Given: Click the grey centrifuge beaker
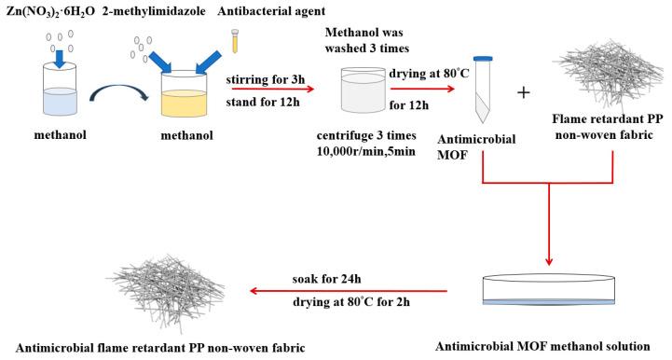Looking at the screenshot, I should pyautogui.click(x=369, y=93).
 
